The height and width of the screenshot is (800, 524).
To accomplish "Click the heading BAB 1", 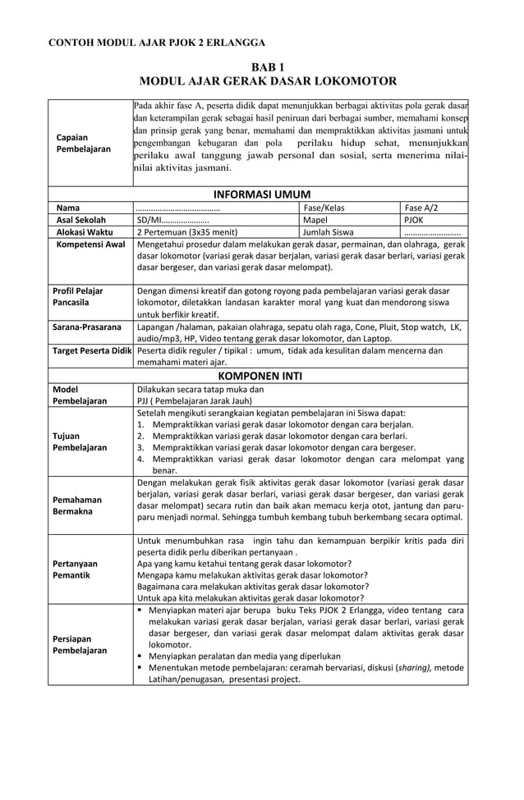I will (262, 66).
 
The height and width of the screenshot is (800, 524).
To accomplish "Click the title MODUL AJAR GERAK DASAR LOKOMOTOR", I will (262, 81).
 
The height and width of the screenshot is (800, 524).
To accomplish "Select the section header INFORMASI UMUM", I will (262, 194).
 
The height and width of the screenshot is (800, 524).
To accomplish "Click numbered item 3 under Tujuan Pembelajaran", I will (283, 448).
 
